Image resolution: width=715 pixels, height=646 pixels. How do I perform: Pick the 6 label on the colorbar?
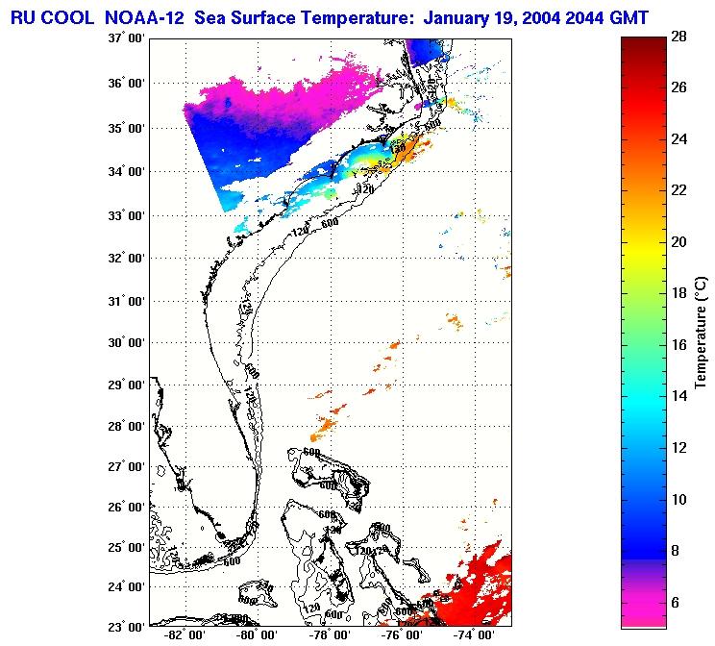click(x=678, y=602)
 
